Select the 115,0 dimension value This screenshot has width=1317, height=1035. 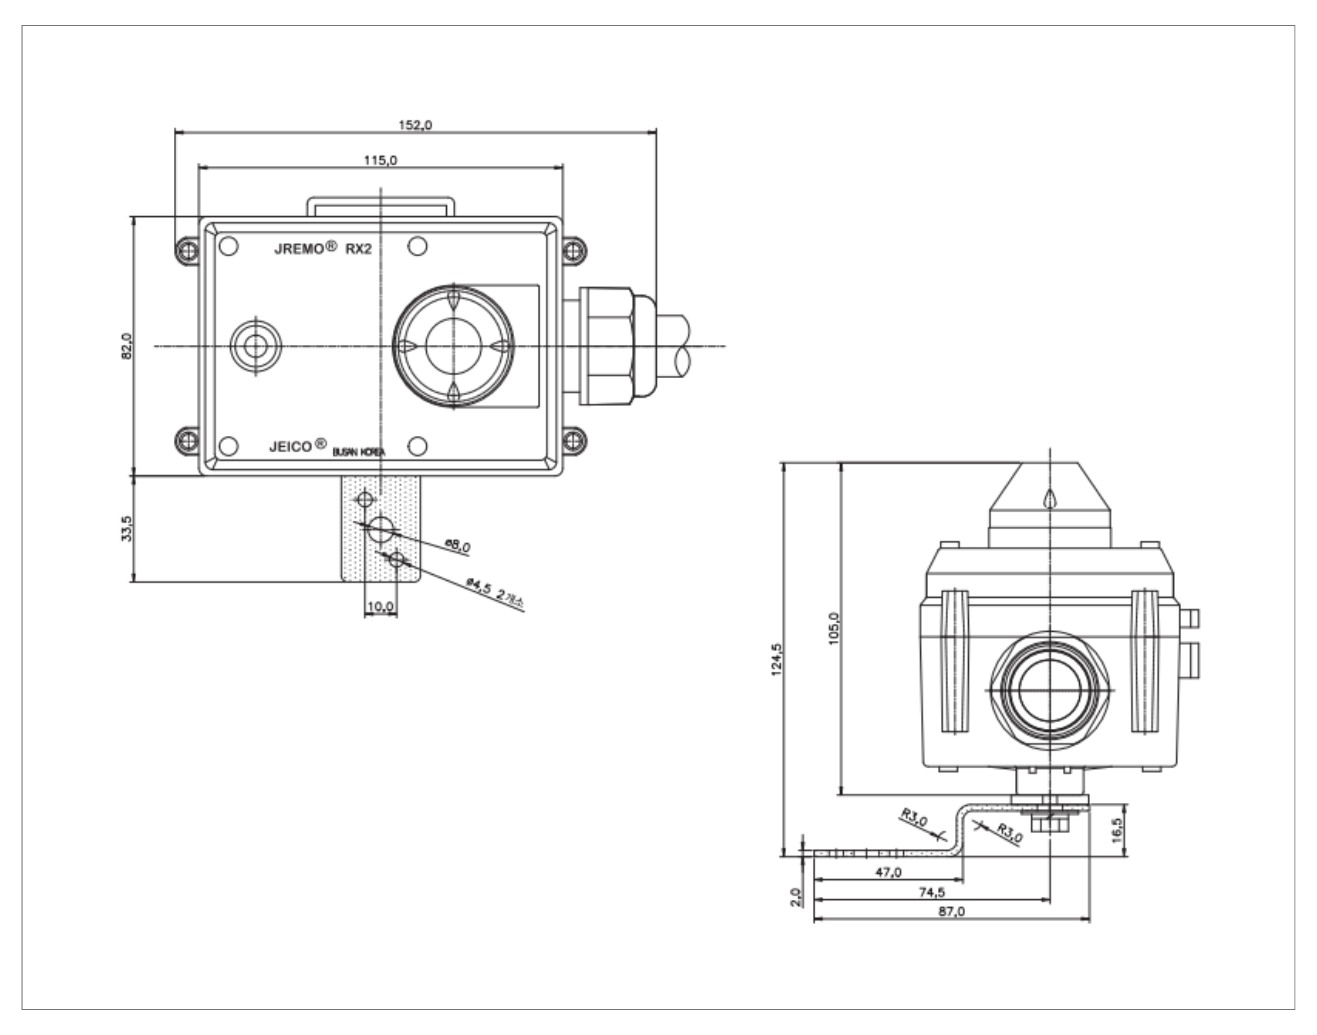click(x=380, y=161)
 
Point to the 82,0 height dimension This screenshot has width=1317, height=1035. click(x=127, y=346)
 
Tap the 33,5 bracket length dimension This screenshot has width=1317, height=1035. click(x=127, y=528)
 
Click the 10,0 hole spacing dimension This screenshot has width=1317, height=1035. click(x=380, y=606)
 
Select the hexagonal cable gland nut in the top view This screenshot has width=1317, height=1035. click(x=608, y=346)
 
